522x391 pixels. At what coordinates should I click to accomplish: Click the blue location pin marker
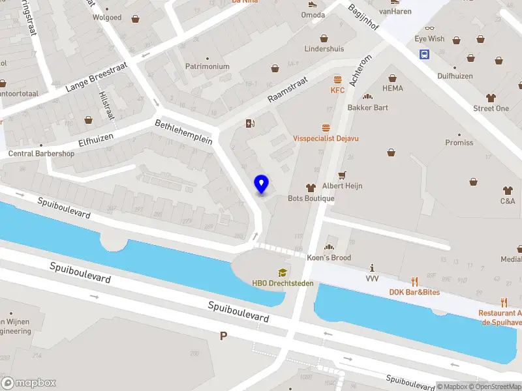pyautogui.click(x=262, y=184)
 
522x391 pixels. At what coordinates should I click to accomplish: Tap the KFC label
pyautogui.click(x=337, y=90)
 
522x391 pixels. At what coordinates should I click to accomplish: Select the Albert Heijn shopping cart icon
pyautogui.click(x=341, y=175)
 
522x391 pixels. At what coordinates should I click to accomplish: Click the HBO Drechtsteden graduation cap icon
pyautogui.click(x=283, y=272)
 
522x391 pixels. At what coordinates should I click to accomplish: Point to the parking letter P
pyautogui.click(x=224, y=336)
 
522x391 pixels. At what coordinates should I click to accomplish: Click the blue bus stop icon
pyautogui.click(x=424, y=55)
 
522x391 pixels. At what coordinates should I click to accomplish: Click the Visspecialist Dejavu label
pyautogui.click(x=326, y=138)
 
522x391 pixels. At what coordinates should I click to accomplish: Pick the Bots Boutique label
pyautogui.click(x=311, y=198)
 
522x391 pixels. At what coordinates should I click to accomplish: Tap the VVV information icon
pyautogui.click(x=372, y=268)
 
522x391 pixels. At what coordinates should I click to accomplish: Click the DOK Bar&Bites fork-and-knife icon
pyautogui.click(x=414, y=282)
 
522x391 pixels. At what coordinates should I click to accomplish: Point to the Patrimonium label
pyautogui.click(x=207, y=66)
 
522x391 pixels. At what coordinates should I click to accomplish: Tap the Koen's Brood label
pyautogui.click(x=329, y=257)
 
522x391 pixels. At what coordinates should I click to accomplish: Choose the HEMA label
pyautogui.click(x=392, y=88)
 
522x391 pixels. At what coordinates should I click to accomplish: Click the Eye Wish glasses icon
pyautogui.click(x=429, y=28)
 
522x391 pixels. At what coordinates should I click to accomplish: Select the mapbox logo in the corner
pyautogui.click(x=29, y=383)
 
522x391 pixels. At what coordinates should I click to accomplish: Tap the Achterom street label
pyautogui.click(x=360, y=70)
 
